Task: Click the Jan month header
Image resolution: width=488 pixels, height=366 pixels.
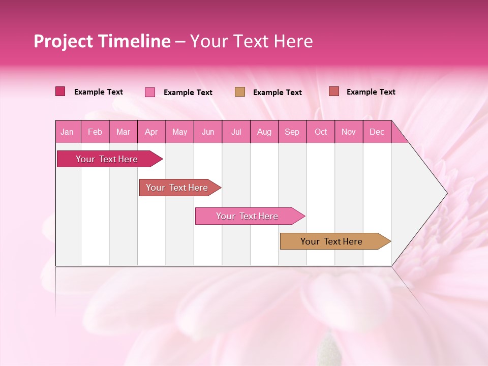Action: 68,132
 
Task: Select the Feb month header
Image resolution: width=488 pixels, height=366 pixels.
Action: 95,132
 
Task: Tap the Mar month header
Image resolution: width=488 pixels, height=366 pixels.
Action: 123,132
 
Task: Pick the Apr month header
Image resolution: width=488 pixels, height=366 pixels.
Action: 151,132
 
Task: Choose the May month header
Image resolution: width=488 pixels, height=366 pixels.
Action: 179,132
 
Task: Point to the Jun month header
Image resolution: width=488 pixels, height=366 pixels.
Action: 208,132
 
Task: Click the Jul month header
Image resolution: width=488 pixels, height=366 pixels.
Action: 236,132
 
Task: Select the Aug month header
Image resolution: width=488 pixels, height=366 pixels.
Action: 264,132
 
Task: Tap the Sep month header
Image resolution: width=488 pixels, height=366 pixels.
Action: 292,132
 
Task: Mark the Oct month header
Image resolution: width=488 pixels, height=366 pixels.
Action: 321,132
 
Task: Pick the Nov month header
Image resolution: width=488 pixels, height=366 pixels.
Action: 349,132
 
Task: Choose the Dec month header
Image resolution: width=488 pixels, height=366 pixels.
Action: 377,132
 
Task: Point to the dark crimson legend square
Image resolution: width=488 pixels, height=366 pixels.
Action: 60,91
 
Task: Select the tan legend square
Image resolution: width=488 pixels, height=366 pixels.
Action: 240,92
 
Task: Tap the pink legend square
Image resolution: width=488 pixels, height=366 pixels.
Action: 150,92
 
